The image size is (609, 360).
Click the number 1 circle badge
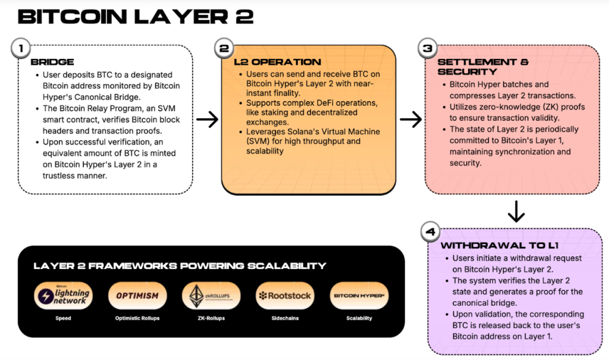(21, 48)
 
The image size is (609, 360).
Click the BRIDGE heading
(52, 62)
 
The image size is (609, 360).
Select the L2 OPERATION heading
(277, 62)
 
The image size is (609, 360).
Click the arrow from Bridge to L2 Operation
(207, 120)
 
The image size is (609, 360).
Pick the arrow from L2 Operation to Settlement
(410, 120)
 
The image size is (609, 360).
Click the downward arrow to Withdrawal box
(516, 211)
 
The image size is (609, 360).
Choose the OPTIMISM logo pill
(137, 296)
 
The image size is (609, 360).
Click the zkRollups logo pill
(212, 296)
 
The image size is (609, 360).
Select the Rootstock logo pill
(285, 296)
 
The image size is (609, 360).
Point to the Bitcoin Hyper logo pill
(359, 296)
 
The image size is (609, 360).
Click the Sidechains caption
(285, 318)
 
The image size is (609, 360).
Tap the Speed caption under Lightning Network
(63, 318)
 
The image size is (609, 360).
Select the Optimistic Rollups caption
(137, 318)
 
